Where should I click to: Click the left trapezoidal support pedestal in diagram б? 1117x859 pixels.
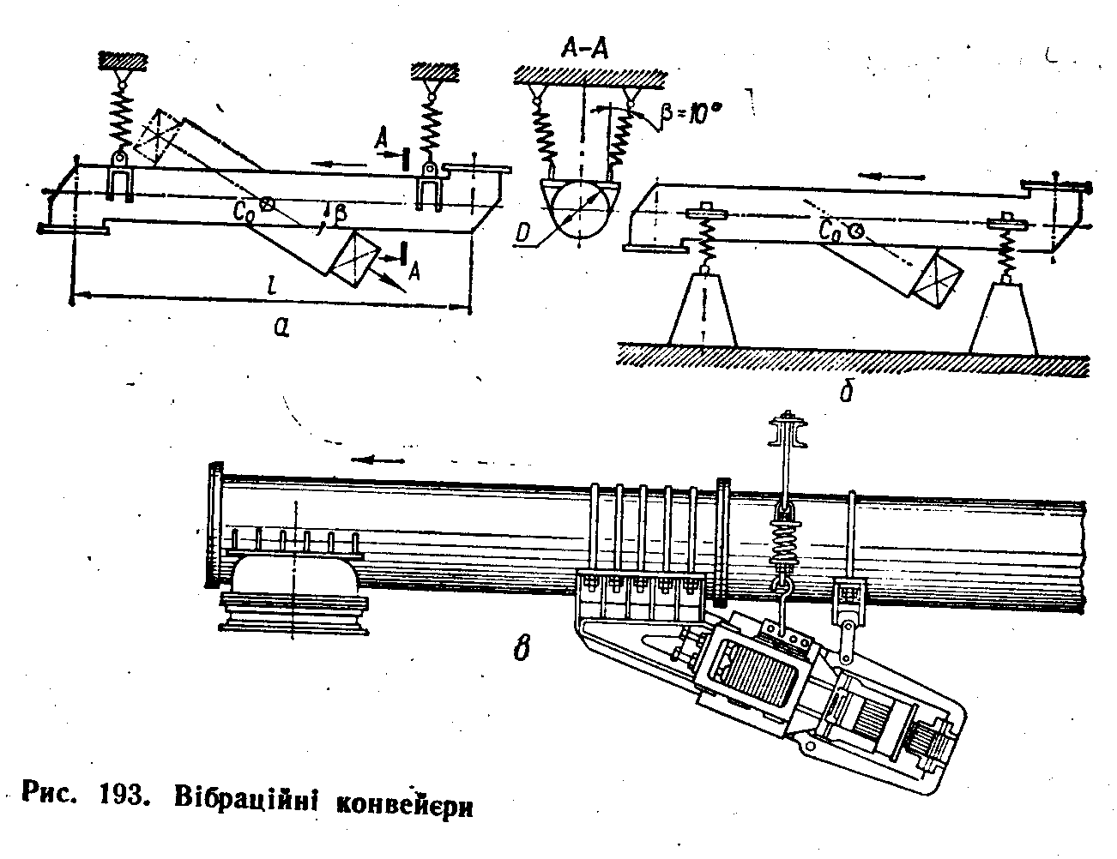click(x=703, y=312)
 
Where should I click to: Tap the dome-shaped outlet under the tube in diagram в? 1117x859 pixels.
click(x=294, y=586)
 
